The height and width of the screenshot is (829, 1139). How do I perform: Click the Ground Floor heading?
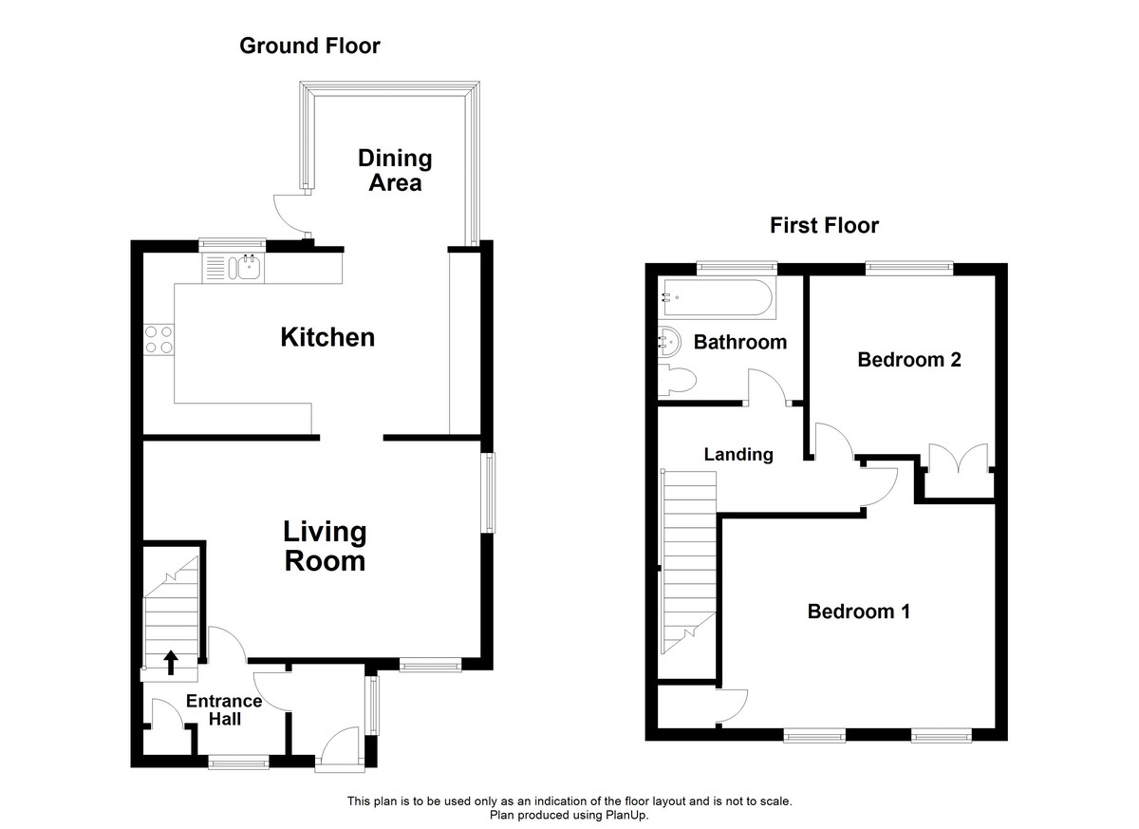[309, 46]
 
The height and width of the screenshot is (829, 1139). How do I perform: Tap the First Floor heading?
[824, 225]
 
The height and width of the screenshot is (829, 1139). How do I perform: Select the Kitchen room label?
[327, 337]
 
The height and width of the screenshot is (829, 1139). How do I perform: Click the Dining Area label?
[395, 170]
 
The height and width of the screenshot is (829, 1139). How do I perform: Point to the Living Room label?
[326, 546]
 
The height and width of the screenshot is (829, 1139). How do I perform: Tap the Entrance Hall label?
[224, 710]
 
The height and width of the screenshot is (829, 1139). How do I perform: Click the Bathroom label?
[740, 342]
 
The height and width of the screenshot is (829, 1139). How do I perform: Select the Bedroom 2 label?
[909, 360]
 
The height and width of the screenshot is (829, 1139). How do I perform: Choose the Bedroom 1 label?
[859, 612]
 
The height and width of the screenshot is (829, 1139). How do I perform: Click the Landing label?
[738, 455]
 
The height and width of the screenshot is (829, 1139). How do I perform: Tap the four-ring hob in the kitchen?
[158, 339]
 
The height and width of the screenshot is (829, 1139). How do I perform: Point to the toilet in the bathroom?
[678, 381]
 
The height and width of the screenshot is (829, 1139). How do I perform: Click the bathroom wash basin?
[667, 340]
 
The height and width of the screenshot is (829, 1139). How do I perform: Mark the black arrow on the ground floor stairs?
[171, 661]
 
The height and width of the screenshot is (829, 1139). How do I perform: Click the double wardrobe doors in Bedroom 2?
[956, 460]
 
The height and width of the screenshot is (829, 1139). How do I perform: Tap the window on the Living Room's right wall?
[489, 492]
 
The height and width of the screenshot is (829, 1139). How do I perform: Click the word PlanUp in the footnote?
[626, 815]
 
